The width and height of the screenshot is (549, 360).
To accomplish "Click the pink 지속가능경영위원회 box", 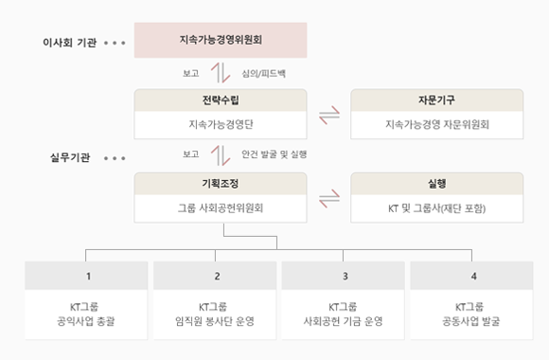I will tap(221, 41).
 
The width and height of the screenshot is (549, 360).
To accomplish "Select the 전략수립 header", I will tap(221, 99).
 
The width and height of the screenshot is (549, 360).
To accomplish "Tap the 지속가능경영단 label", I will tap(221, 124).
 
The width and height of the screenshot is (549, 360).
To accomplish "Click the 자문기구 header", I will tap(436, 99).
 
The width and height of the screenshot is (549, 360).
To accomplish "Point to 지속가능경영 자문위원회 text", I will tap(436, 124).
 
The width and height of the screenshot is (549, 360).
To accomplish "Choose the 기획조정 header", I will tap(221, 183).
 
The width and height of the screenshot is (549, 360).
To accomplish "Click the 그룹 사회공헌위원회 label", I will tap(221, 207).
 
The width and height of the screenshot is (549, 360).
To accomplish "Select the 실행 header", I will tap(436, 183).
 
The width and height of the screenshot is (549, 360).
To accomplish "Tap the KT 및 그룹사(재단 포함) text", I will tap(436, 207).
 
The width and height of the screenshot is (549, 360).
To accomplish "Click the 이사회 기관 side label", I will tap(69, 43).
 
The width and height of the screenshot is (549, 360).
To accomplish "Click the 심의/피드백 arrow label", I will tap(264, 72).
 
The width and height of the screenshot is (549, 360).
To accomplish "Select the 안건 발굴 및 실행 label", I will tap(274, 153).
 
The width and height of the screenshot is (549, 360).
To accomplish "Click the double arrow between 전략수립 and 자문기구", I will tap(328, 116).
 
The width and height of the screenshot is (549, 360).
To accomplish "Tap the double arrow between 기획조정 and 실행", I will tap(328, 199).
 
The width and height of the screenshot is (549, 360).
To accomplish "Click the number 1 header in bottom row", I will tap(88, 276).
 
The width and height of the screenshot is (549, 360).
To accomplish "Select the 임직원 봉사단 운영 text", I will tap(217, 321).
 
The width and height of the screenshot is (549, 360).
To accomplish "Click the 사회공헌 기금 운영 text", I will tap(345, 321).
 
